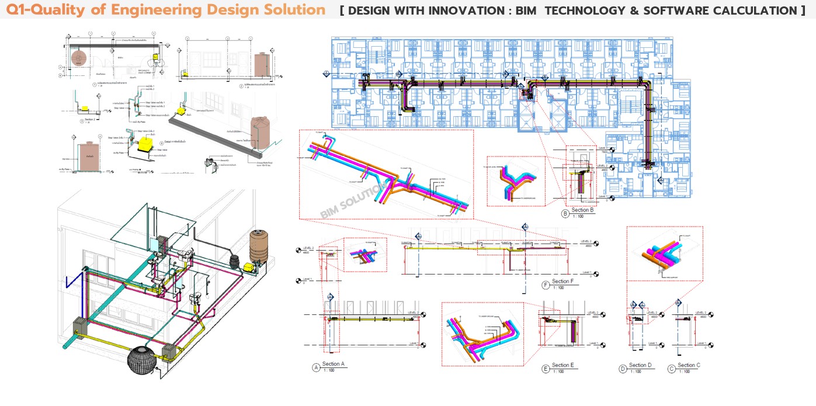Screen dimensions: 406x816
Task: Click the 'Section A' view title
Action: click(x=334, y=364)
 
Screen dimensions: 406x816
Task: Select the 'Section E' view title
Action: click(x=563, y=365)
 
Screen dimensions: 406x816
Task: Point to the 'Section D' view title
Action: click(x=638, y=365)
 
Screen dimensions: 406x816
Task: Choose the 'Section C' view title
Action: click(x=687, y=365)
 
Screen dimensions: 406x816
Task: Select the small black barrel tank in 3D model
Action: click(x=235, y=262)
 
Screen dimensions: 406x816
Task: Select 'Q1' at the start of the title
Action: click(x=17, y=10)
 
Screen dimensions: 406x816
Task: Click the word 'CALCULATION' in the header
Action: click(x=758, y=11)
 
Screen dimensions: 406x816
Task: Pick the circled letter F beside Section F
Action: click(x=546, y=285)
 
